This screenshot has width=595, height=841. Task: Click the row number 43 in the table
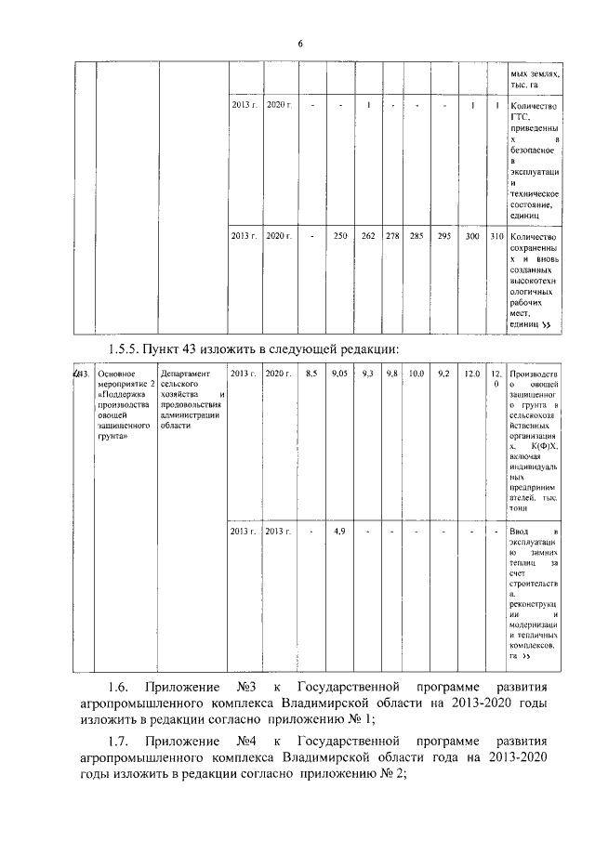pyautogui.click(x=82, y=373)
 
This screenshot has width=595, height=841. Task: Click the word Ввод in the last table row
pyautogui.click(x=521, y=531)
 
